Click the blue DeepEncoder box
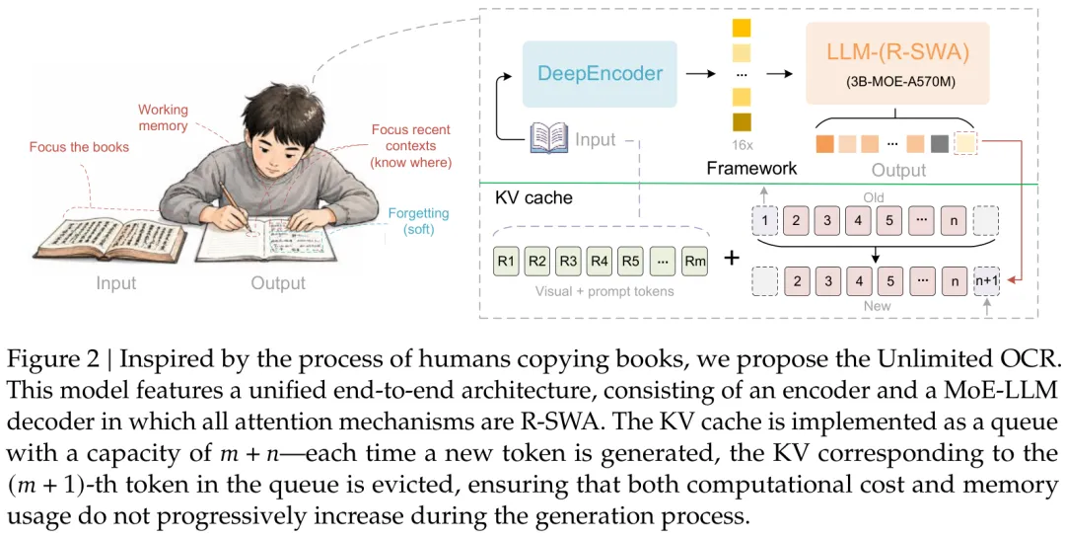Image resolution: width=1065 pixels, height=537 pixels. [600, 74]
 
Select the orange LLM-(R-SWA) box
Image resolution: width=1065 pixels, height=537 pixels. [897, 63]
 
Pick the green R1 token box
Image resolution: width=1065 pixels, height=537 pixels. [506, 261]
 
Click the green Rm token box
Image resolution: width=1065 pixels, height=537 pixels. [695, 261]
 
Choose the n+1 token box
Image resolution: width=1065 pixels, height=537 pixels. [986, 280]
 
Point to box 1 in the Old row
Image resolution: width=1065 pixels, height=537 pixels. [765, 220]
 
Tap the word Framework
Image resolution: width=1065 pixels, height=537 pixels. [751, 169]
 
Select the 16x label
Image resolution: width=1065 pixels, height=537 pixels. [742, 145]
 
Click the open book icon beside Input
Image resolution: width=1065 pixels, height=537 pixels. [549, 138]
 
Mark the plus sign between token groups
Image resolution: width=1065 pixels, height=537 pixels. [732, 259]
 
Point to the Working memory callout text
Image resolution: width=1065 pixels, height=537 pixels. [163, 117]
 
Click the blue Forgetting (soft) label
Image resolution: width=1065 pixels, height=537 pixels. [418, 221]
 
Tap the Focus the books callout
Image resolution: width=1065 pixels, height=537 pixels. [79, 147]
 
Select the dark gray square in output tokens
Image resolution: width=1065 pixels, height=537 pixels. [940, 143]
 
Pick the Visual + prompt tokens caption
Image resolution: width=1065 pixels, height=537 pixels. [604, 291]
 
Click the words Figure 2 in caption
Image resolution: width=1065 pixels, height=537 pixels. [49, 359]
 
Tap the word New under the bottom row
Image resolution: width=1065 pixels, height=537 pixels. [877, 306]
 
